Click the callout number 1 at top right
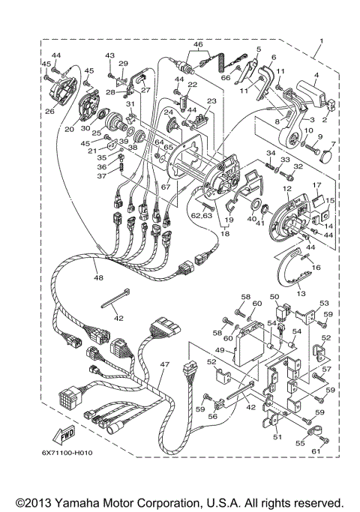(x=320, y=39)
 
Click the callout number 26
(x=50, y=113)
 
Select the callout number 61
(x=316, y=451)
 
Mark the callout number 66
(x=225, y=76)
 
